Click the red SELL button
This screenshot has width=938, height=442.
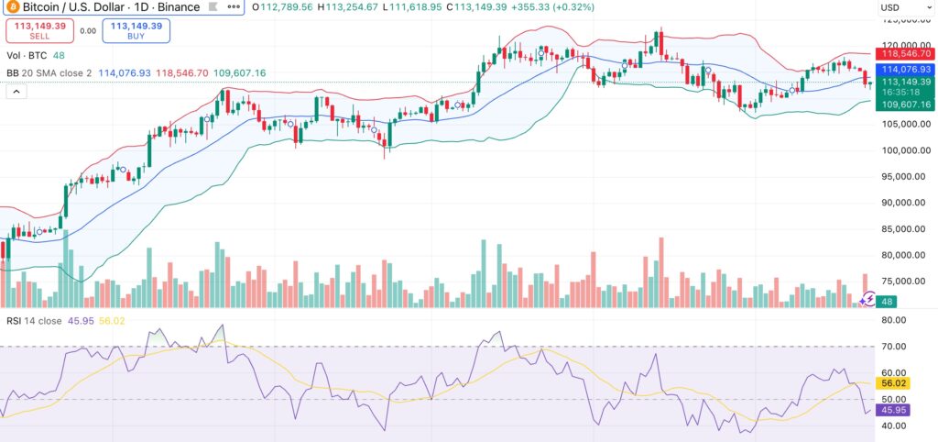[36, 30]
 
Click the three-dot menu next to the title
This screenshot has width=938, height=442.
[234, 6]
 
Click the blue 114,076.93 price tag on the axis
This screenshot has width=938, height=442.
[906, 69]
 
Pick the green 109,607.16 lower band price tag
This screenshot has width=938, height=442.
[906, 105]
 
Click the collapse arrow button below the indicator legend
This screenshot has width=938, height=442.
[16, 93]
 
